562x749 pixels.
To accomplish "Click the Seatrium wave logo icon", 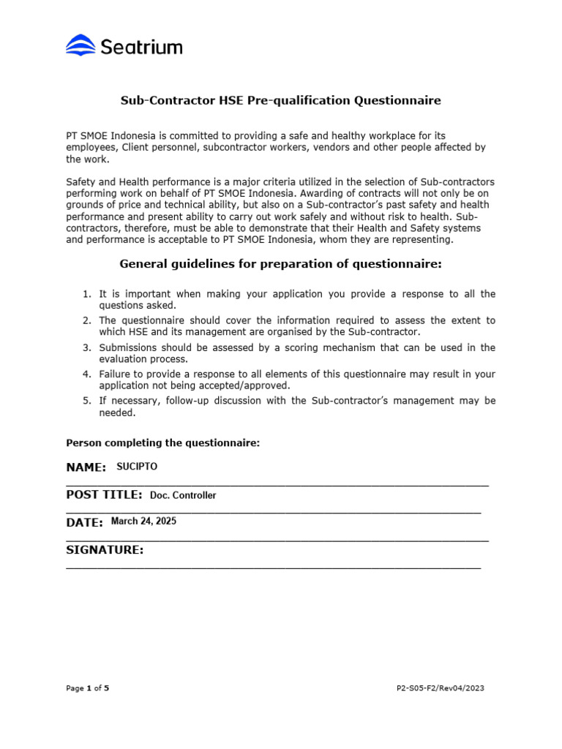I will point(80,46).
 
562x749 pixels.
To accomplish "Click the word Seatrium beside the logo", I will point(140,48).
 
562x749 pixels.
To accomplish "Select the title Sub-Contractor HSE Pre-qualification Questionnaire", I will point(280,101).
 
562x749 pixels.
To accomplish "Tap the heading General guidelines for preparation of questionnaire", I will point(280,263).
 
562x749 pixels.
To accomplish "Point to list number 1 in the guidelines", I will point(86,294).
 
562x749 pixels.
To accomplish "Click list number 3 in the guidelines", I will point(86,347).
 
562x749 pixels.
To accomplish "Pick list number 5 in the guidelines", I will point(86,401).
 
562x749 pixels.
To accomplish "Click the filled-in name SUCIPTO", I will point(137,467).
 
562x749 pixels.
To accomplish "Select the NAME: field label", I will point(86,467).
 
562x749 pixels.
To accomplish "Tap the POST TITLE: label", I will point(104,495).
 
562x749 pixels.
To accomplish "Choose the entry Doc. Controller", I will point(183,495).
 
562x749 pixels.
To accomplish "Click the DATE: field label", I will point(84,522).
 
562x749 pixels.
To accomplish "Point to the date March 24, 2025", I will point(143,522).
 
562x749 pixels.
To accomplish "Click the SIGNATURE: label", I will point(105,550).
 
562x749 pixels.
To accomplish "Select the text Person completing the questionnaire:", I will point(162,443).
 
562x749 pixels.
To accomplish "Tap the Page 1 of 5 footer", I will point(87,688).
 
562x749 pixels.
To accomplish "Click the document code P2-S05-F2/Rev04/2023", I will point(439,688).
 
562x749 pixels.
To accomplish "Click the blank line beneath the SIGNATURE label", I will point(273,568).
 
